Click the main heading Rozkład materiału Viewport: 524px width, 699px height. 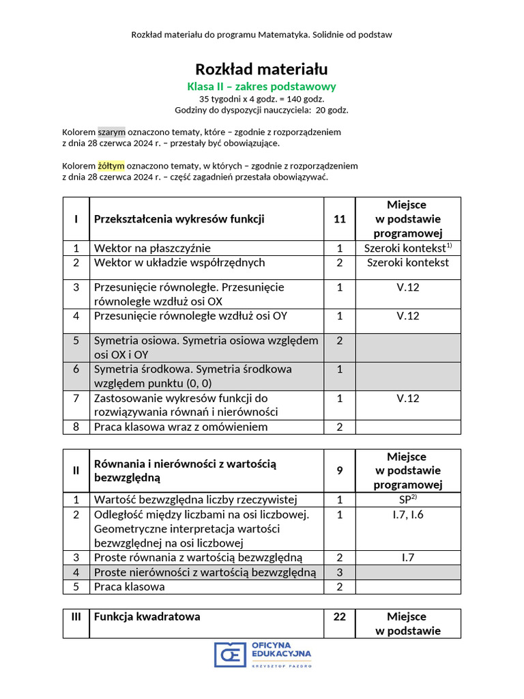[x=261, y=69]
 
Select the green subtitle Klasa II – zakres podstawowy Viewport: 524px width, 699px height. [x=261, y=87]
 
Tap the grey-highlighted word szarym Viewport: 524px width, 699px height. [x=112, y=132]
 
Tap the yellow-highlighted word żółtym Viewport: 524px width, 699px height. [x=112, y=166]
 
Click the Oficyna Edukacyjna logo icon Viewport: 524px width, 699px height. [x=230, y=654]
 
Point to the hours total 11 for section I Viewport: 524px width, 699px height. [x=340, y=219]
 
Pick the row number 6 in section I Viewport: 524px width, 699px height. [x=76, y=369]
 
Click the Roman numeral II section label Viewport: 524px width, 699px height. [x=76, y=470]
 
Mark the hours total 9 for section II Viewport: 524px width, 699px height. [x=340, y=470]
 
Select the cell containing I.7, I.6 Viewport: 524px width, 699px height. [x=408, y=515]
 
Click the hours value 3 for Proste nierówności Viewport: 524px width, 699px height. [x=340, y=572]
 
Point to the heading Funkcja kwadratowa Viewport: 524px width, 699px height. [x=147, y=617]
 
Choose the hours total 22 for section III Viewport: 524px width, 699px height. [x=340, y=617]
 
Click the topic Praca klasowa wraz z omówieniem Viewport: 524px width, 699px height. [x=181, y=427]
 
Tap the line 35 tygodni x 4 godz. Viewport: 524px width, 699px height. [x=261, y=99]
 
